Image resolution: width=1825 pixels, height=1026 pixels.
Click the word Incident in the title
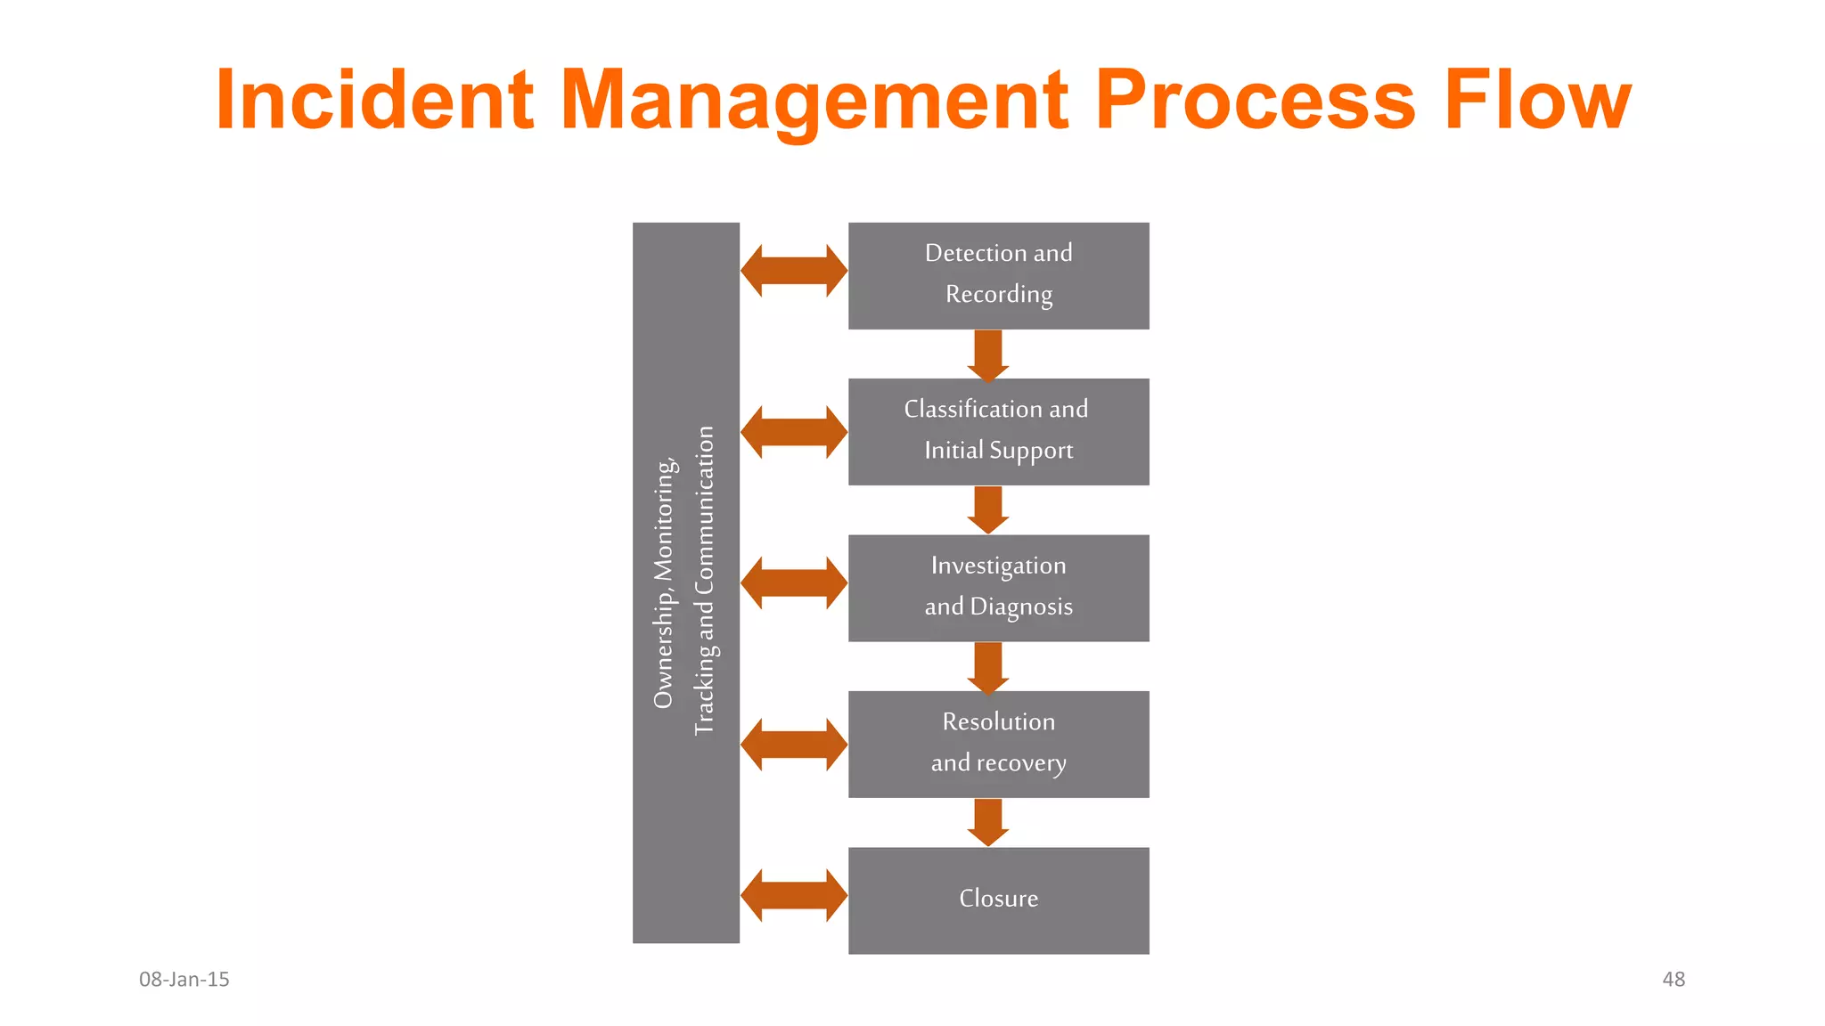tap(374, 100)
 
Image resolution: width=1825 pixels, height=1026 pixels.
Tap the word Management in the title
tap(814, 100)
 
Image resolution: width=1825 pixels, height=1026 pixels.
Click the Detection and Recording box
tap(998, 275)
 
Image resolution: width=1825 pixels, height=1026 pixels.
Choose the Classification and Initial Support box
tap(998, 431)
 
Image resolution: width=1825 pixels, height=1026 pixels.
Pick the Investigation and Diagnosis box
tap(998, 588)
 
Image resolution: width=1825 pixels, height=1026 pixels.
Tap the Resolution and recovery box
tap(998, 744)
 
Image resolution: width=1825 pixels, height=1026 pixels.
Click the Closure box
tap(998, 900)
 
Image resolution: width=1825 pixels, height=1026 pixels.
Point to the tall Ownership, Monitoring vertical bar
tap(685, 582)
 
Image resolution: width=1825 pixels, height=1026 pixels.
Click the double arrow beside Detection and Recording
tap(793, 271)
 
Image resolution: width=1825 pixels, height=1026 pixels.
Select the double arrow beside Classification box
tap(793, 432)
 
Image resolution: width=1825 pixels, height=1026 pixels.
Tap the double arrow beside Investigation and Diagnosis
tap(793, 583)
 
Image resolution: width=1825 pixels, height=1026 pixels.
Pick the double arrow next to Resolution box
tap(793, 745)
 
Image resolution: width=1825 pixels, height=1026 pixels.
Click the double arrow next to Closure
tap(793, 895)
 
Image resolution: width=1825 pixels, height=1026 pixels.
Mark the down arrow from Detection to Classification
tap(987, 354)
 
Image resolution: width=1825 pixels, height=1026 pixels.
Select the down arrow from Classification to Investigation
tap(987, 509)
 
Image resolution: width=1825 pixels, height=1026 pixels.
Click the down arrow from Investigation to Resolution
tap(987, 667)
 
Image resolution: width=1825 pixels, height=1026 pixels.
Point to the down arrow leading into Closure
tap(987, 822)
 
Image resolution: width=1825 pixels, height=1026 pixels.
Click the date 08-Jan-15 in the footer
tap(184, 980)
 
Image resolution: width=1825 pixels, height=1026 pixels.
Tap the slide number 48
tap(1673, 980)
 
